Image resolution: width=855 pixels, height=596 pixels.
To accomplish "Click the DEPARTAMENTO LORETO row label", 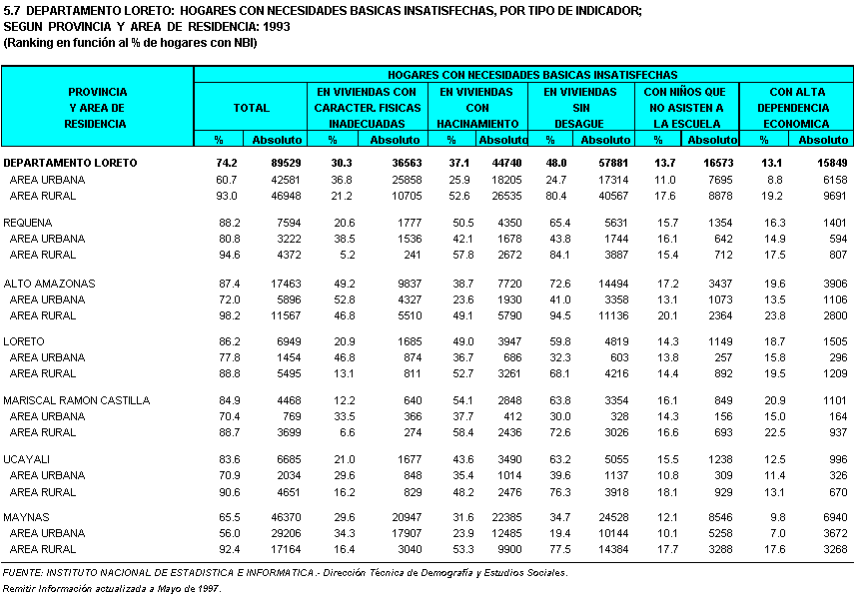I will point(70,162).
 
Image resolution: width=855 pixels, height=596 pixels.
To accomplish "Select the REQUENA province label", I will point(28,223).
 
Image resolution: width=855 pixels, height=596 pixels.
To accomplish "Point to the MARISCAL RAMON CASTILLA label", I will point(77,400).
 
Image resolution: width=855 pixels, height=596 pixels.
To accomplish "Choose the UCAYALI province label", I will point(27,458).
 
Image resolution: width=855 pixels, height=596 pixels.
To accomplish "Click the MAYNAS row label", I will point(26,517).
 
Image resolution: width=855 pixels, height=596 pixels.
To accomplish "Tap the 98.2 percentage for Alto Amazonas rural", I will point(229,315).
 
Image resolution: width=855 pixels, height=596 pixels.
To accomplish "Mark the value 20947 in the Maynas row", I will point(402,517).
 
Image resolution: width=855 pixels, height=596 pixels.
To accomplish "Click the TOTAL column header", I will point(251,107).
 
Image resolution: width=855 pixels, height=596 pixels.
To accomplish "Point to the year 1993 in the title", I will point(275,26).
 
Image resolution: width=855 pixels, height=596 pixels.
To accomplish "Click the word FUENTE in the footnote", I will point(23,573).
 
